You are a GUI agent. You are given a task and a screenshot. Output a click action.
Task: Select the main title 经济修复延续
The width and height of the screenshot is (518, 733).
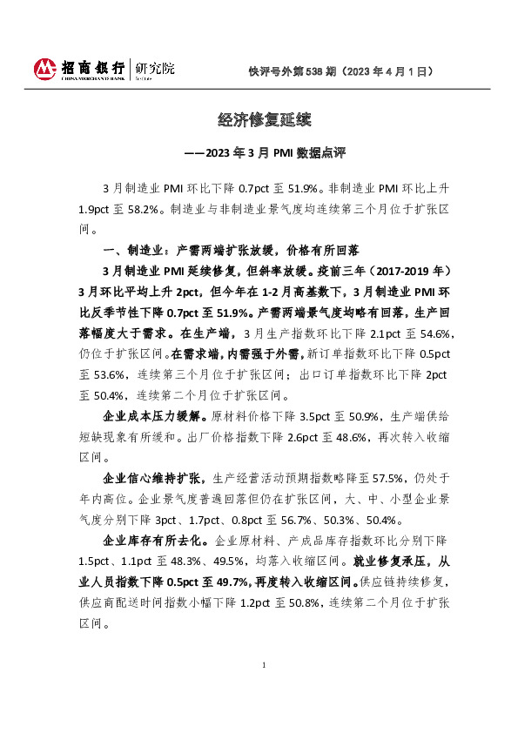click(x=259, y=118)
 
